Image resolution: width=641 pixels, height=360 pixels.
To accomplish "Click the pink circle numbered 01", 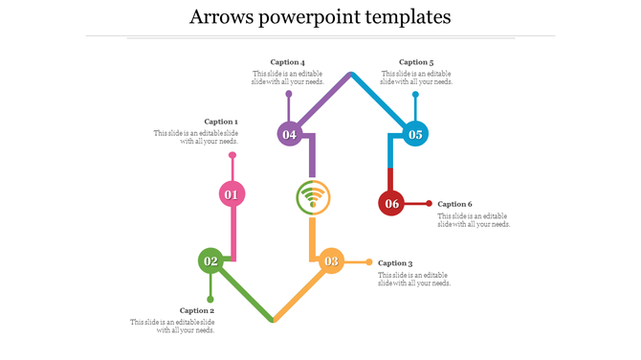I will click(x=232, y=194).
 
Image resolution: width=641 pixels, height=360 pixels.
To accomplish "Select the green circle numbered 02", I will click(x=210, y=260).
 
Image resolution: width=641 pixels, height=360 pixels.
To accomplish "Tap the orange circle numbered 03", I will click(x=331, y=260).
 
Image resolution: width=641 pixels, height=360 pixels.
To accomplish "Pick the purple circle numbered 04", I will click(x=290, y=134).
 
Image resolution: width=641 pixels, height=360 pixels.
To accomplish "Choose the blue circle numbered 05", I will click(x=415, y=134).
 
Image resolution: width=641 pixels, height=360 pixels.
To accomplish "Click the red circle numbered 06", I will click(x=391, y=203).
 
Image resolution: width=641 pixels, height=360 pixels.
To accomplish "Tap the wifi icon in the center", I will click(x=312, y=198).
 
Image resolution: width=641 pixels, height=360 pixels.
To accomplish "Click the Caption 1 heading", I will click(x=221, y=122).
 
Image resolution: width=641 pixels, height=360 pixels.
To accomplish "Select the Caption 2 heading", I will click(x=197, y=310).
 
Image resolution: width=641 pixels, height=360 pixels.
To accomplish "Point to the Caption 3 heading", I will click(x=395, y=263).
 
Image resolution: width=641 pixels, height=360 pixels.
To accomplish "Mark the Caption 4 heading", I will click(x=287, y=62).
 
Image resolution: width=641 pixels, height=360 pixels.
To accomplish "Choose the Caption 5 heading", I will click(x=416, y=62).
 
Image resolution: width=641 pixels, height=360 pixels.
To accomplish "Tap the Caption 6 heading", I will click(x=454, y=204).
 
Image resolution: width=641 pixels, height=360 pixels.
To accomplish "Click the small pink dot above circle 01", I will click(x=232, y=155).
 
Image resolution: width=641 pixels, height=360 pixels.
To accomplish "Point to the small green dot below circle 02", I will click(x=210, y=299).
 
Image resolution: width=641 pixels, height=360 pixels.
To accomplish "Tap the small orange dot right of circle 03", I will click(x=369, y=261).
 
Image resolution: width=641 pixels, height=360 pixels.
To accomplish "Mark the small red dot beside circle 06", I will click(x=429, y=203).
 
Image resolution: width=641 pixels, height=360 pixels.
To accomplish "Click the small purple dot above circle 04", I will click(x=289, y=94).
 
